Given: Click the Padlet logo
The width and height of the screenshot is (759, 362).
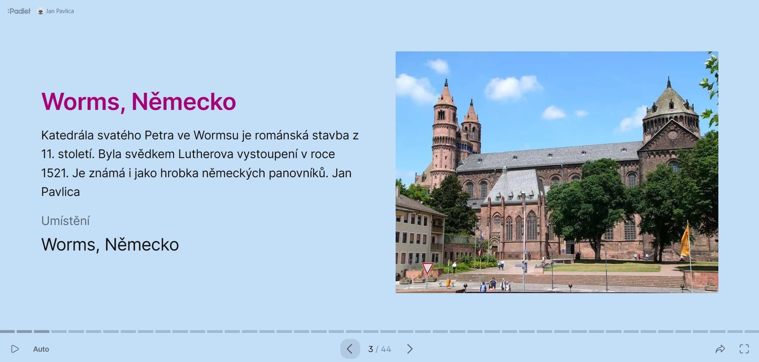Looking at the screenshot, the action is [19, 11].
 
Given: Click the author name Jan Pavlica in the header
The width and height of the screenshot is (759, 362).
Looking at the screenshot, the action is [60, 11].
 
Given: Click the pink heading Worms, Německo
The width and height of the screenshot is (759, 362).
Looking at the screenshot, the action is [139, 102].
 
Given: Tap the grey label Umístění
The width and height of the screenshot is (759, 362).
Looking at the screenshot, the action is [66, 221].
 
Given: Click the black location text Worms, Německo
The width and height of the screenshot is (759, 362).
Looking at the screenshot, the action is [110, 245].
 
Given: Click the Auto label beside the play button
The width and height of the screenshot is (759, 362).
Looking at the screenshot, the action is [41, 349].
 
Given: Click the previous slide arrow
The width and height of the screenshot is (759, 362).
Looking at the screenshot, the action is [350, 349].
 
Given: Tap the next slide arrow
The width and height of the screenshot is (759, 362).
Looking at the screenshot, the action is [410, 349].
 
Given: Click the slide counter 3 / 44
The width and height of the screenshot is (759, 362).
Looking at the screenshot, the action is [380, 349].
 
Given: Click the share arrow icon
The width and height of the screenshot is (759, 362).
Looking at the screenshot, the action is [720, 349].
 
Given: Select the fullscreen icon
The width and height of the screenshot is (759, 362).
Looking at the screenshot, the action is [744, 349].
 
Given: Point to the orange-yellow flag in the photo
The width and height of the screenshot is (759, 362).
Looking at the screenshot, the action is [685, 241].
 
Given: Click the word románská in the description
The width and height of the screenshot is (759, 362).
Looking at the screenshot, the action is [282, 135].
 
